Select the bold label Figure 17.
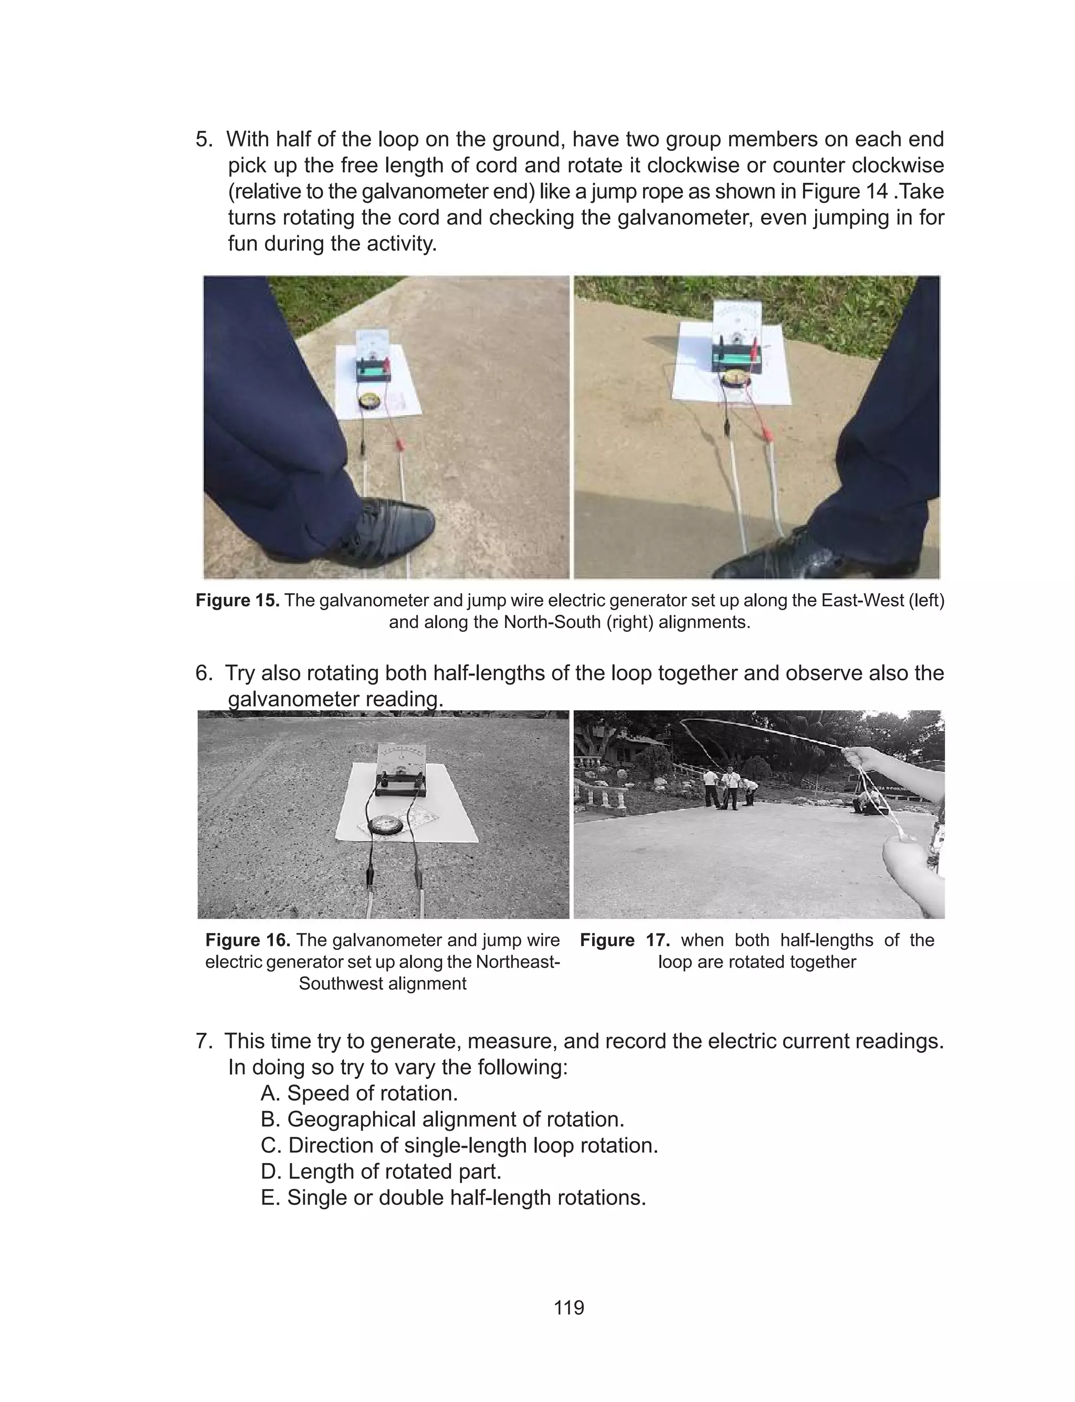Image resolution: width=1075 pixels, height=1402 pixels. tap(625, 940)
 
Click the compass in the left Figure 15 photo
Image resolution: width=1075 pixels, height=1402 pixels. tap(369, 401)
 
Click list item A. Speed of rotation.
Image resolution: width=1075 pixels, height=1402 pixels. tap(359, 1093)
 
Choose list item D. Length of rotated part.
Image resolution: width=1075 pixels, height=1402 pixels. tap(381, 1171)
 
